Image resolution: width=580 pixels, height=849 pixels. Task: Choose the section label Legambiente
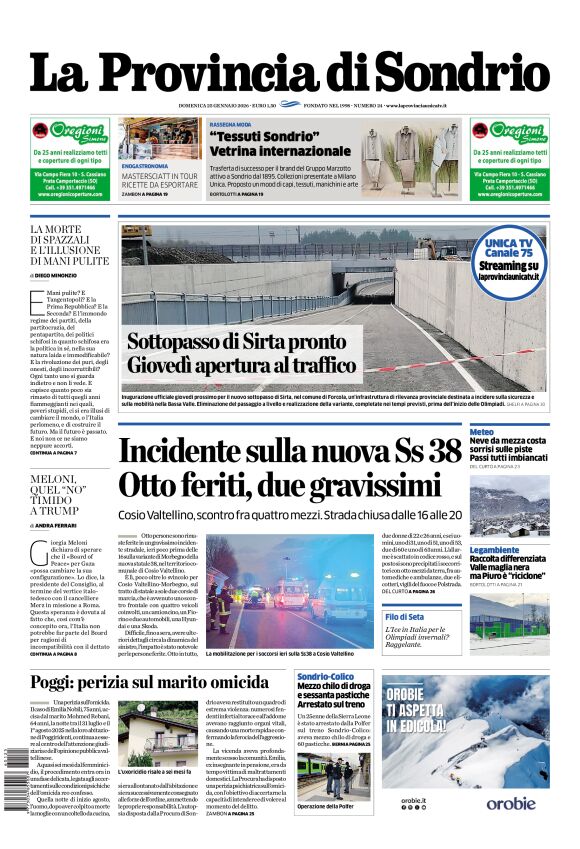click(494, 550)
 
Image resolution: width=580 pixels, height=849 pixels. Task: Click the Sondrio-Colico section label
click(325, 678)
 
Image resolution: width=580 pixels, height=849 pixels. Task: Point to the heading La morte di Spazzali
click(68, 245)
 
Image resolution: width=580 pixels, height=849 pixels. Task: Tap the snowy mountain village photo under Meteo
click(509, 508)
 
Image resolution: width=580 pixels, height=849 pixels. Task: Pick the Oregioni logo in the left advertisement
click(70, 133)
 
